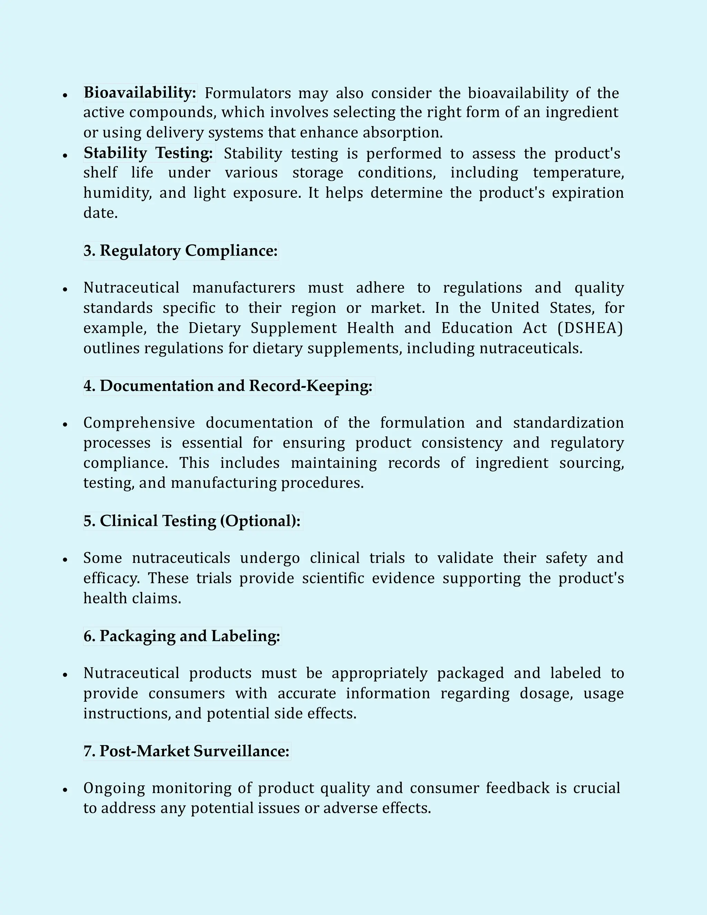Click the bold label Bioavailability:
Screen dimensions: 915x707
click(x=140, y=93)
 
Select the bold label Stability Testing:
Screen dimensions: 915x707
click(x=149, y=153)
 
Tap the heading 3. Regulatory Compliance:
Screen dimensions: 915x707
click(x=181, y=251)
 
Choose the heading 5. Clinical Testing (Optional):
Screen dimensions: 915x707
click(x=192, y=521)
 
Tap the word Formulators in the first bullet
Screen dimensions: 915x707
click(x=248, y=93)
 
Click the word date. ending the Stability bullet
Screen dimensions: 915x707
click(x=100, y=213)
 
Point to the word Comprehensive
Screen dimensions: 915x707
click(x=139, y=423)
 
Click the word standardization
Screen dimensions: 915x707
click(x=568, y=423)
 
